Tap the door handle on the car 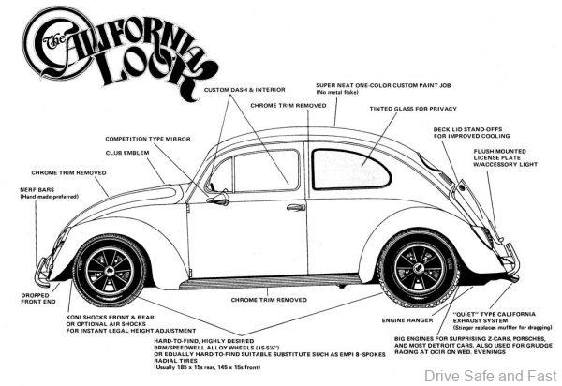[x=296, y=207]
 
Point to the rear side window [x=350, y=170]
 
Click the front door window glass [x=260, y=172]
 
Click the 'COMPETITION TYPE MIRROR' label [x=149, y=138]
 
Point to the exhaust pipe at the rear [x=513, y=278]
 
